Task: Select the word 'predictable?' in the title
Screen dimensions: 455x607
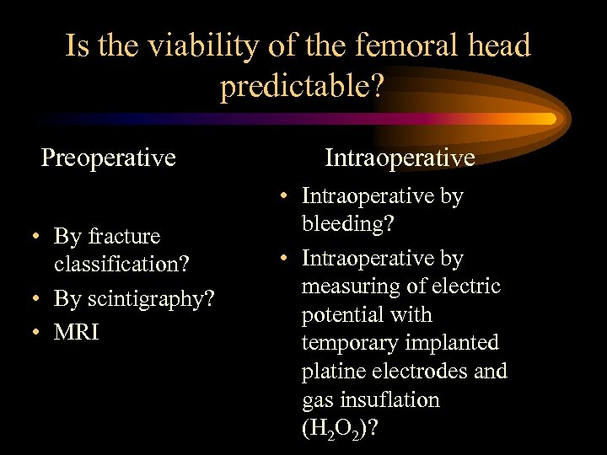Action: tap(303, 85)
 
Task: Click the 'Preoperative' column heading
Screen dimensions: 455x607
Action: tap(109, 157)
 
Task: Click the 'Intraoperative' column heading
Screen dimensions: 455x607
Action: tap(400, 157)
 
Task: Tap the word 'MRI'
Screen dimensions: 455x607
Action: tap(77, 332)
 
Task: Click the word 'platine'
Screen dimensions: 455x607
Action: tap(330, 372)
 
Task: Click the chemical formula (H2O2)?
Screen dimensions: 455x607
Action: tap(339, 429)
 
